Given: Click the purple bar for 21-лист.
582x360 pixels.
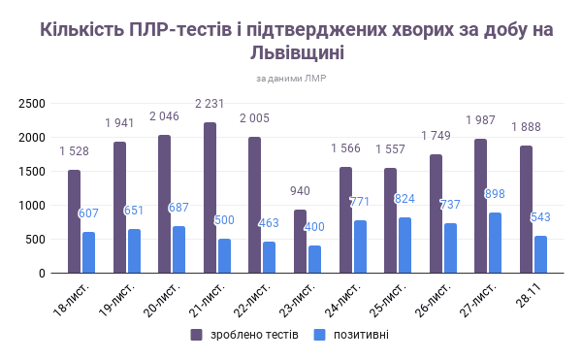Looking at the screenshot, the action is click(210, 198).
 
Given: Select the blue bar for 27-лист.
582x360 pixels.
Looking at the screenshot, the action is click(495, 243).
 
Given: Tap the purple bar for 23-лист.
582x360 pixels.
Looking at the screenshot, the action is click(301, 242).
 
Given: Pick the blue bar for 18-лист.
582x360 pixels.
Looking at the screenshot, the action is click(88, 252).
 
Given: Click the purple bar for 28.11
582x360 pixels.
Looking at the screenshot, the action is click(526, 210).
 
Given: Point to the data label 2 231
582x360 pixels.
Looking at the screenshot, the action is click(210, 104).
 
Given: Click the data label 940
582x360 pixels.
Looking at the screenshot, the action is click(300, 191).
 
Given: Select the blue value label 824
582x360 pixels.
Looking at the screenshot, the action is click(404, 199).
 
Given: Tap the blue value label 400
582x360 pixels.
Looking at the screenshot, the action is click(314, 227).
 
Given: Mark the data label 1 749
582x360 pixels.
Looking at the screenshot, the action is click(436, 136).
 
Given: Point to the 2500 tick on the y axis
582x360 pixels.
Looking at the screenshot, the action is click(32, 104).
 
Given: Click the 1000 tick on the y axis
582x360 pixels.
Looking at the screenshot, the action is click(32, 206).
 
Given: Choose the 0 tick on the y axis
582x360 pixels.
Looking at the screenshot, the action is click(42, 274).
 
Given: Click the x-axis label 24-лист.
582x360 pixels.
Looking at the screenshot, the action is click(343, 301).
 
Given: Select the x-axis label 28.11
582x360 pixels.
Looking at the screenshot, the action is click(529, 295).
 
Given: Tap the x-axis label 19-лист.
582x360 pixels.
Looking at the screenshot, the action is click(116, 301).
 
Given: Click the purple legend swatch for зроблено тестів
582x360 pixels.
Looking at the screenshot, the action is click(196, 335).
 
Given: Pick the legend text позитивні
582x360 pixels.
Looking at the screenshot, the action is click(361, 335).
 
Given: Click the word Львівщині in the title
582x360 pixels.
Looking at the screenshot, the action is click(297, 52).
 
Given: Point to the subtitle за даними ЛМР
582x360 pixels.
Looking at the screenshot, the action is click(291, 79).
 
